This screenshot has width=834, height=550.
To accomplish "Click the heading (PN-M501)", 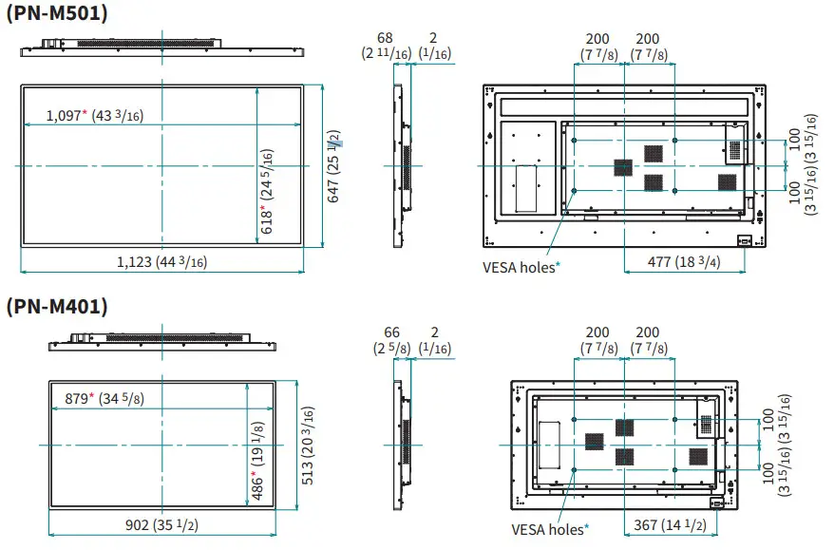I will [x=57, y=13].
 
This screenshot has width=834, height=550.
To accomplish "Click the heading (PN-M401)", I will [x=57, y=307].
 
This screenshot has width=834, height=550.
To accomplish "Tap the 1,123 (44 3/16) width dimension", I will [x=161, y=262].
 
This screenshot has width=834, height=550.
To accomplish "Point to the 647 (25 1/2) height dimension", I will [x=335, y=166].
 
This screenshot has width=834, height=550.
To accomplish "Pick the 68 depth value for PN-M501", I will [x=386, y=39].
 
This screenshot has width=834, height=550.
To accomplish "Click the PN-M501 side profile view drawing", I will [x=399, y=166].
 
